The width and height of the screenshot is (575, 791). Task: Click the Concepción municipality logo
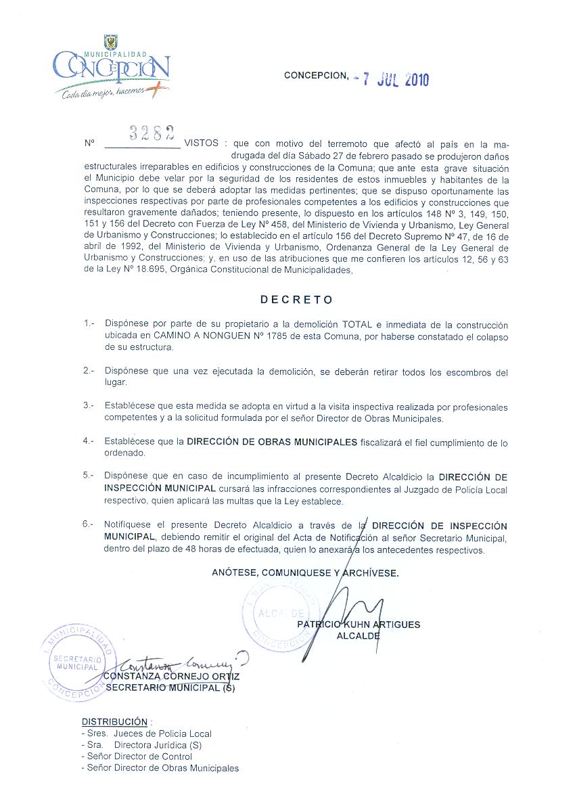point(112,68)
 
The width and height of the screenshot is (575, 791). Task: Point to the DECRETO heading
point(297,299)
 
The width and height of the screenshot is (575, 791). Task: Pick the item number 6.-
point(89,524)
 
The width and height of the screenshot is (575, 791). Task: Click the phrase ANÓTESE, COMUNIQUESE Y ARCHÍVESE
point(305,572)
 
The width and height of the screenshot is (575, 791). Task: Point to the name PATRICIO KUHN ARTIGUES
point(358,625)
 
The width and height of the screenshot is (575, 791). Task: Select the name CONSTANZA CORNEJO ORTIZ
point(172,676)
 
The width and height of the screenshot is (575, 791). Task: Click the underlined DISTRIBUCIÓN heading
point(114,721)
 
